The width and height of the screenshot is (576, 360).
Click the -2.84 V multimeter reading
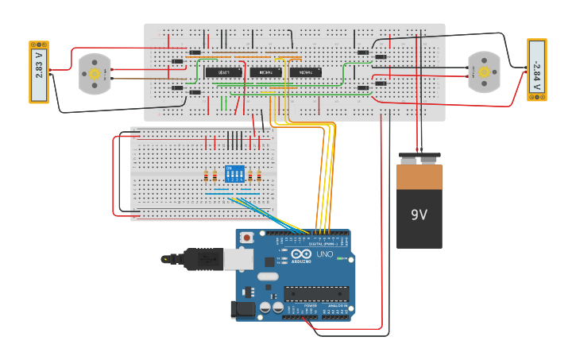click(536, 69)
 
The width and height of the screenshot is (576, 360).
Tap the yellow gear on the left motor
click(95, 73)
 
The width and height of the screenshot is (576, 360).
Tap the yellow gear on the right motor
click(484, 72)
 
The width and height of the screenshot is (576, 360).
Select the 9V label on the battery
click(419, 215)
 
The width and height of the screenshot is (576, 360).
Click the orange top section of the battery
click(419, 176)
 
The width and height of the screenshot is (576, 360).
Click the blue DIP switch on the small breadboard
click(234, 173)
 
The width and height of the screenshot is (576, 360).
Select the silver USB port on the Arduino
click(238, 258)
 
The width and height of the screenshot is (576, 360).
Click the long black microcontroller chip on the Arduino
click(316, 293)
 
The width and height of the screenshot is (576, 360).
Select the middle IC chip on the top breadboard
click(265, 72)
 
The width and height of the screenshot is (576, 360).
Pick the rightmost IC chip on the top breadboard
click(306, 72)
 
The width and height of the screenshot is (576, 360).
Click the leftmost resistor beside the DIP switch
click(206, 176)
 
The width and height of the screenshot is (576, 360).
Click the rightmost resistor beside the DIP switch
click(259, 176)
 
